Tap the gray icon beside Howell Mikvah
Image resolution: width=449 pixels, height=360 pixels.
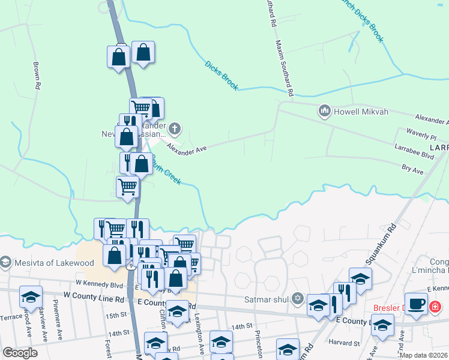point(325,111)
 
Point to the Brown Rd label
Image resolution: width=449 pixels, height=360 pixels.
point(37,76)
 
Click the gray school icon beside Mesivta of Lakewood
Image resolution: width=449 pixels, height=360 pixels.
point(5,262)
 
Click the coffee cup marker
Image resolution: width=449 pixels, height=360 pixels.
point(416,302)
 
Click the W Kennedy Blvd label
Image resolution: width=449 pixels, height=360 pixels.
point(99,284)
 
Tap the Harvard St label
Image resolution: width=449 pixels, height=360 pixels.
point(345,343)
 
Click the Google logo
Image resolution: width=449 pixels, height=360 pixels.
point(20,353)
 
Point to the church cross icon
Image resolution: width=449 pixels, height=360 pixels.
point(174,128)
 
